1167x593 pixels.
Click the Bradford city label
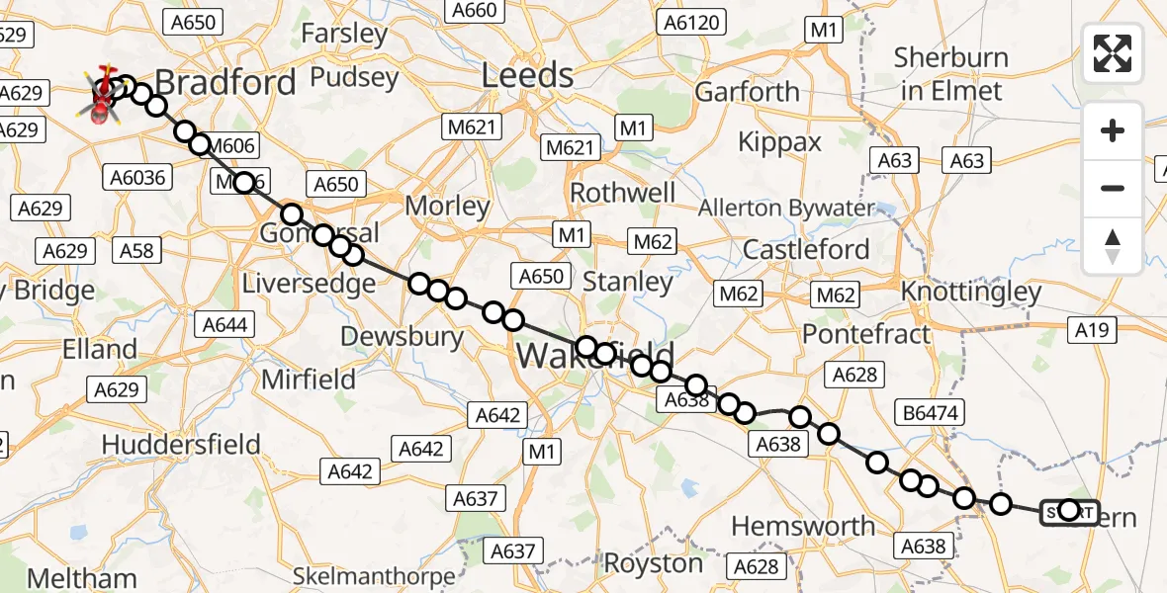[x=225, y=82]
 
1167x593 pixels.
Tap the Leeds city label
[x=527, y=76]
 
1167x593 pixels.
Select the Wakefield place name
[x=594, y=355]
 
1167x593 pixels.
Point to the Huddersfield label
[x=181, y=444]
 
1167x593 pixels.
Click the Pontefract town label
[x=866, y=334]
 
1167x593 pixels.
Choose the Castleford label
[x=806, y=249]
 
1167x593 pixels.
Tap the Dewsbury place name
[x=402, y=336]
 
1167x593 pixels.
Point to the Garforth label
[x=747, y=92]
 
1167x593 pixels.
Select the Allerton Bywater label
[x=786, y=209]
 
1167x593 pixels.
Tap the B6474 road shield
[x=931, y=412]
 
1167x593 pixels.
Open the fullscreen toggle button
[x=1113, y=53]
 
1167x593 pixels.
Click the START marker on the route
[x=1069, y=511]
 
